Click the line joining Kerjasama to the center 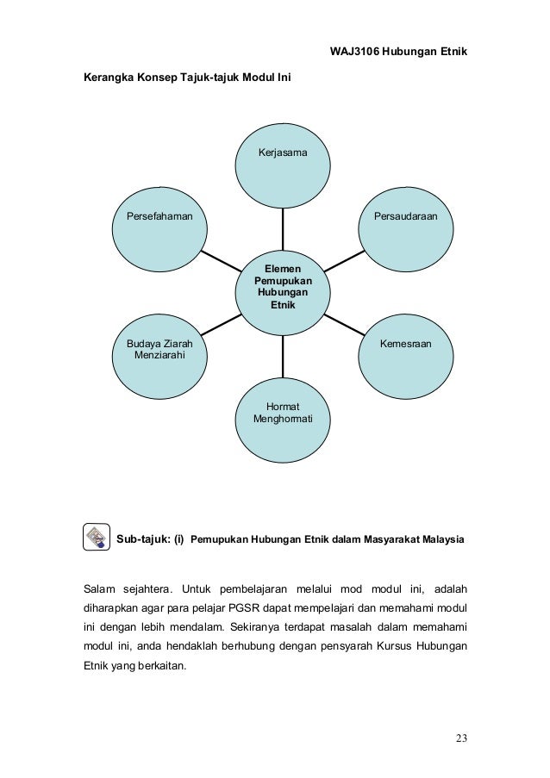tap(284, 230)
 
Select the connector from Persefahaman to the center tap(220, 261)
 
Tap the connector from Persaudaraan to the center tap(345, 259)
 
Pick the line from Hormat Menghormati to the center tap(284, 355)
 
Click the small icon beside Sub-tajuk tap(95, 536)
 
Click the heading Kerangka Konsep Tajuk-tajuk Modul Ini tap(186, 78)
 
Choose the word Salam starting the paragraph tap(97, 589)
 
